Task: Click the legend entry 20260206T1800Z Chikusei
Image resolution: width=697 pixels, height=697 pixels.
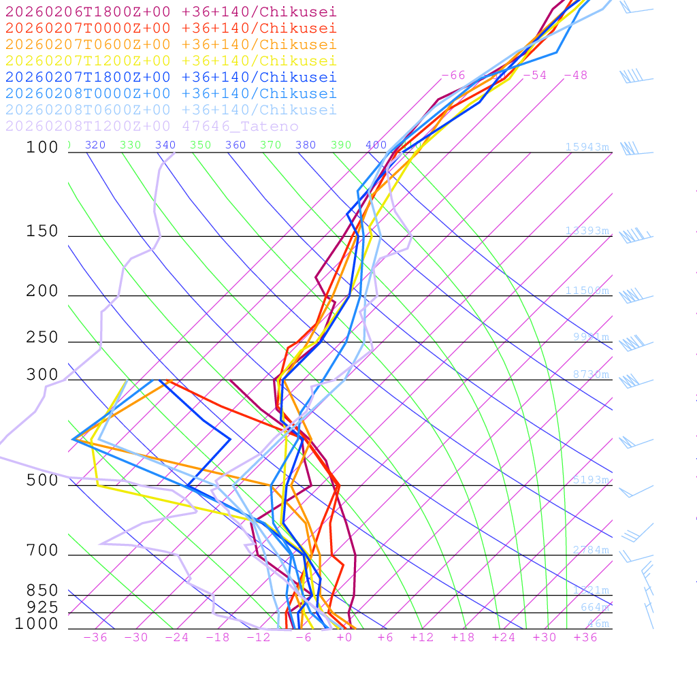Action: coord(171,12)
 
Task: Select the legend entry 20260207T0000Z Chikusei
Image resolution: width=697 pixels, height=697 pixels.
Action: coord(171,28)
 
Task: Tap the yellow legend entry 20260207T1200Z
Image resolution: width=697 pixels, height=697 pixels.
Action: coord(171,61)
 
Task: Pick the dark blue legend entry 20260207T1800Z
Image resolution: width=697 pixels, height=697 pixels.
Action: coord(171,77)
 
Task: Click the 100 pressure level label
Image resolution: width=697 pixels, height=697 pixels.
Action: coord(42,147)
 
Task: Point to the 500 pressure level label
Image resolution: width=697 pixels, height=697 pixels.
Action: coord(42,480)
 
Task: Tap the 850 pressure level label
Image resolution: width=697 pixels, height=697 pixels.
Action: coord(42,590)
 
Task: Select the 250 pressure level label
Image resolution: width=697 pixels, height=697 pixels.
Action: coord(42,337)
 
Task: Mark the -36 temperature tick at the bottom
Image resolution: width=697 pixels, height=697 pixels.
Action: coord(95,638)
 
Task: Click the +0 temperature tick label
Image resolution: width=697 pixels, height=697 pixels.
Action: coord(344,638)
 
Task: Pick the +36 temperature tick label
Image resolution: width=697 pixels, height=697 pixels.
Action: coord(585,638)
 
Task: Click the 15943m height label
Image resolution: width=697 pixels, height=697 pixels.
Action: coord(587,147)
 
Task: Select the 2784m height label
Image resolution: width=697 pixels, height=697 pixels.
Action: coord(590,550)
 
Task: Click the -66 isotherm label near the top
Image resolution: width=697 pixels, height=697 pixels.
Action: coord(453,76)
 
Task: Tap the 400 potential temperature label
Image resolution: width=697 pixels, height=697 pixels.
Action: coord(376,145)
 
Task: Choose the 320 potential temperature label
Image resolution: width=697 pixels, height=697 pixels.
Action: coord(95,145)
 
